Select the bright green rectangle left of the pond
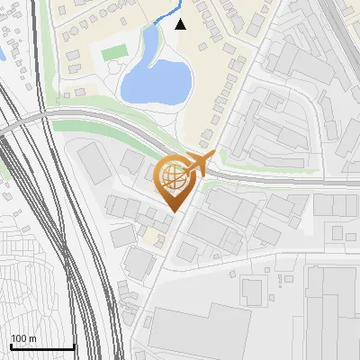[x=112, y=53]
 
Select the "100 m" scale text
[x=23, y=337]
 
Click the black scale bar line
[x=41, y=347]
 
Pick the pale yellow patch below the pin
[x=155, y=237]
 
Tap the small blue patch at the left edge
[x=3, y=54]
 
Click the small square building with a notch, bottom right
[x=252, y=290]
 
